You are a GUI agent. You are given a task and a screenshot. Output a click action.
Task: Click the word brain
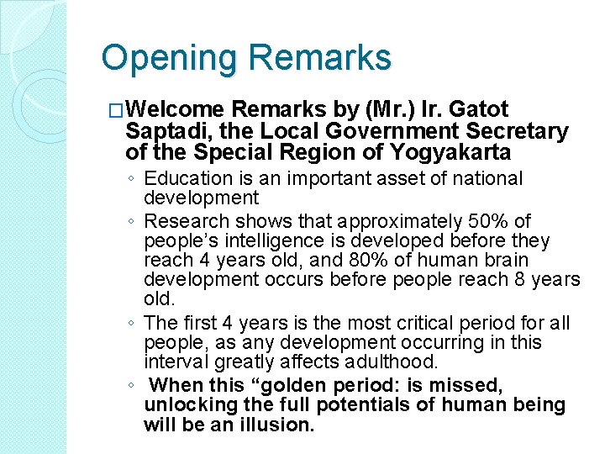click(x=504, y=261)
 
